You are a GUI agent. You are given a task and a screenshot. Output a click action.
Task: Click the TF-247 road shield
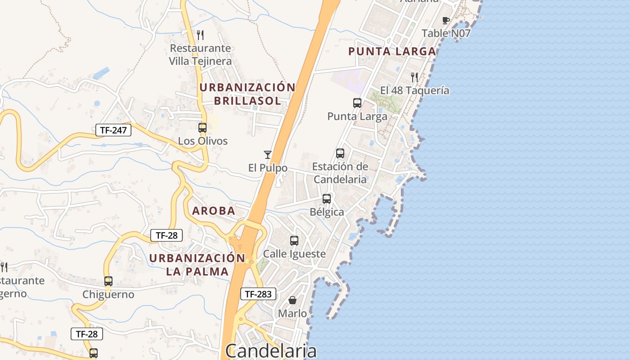(113, 130)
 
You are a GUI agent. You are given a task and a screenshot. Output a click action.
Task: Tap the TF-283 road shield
(258, 294)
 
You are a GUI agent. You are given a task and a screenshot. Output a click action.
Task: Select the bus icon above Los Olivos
(202, 128)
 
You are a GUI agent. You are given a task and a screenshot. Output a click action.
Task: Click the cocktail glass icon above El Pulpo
(268, 155)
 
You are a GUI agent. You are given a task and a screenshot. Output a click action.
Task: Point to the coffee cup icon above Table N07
(446, 20)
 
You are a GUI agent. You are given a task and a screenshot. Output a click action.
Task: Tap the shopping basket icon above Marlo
(292, 300)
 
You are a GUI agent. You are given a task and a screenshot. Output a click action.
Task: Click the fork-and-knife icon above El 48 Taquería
(414, 77)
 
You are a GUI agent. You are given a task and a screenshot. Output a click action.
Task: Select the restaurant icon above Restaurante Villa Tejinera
(200, 35)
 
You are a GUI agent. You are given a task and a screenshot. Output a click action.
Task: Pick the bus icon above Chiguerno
(108, 281)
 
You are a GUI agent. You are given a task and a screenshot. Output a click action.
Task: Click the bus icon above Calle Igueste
(294, 241)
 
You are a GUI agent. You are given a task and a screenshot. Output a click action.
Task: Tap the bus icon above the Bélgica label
(327, 198)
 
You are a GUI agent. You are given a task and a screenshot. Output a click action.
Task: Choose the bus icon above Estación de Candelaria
(340, 153)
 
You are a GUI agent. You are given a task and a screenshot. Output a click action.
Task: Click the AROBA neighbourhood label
(214, 211)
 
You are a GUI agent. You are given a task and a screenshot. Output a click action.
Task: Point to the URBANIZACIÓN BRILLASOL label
(247, 94)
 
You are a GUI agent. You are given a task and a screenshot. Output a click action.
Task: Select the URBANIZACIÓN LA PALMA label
(197, 265)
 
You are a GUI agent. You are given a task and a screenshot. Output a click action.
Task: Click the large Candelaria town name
(271, 351)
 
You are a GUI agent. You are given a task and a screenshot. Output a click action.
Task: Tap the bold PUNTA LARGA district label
(392, 51)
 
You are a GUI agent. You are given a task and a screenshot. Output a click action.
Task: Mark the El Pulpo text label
(268, 168)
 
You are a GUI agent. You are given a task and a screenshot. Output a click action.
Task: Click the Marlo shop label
(292, 313)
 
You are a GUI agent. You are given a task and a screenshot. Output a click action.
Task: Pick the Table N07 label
(446, 33)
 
